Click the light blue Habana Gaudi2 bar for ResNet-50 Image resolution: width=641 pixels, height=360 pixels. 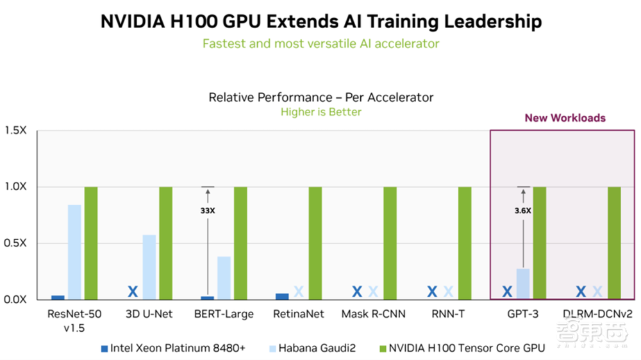click(74, 252)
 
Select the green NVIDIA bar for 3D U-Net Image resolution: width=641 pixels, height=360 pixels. click(166, 243)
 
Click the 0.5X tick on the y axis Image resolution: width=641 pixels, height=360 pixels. click(13, 243)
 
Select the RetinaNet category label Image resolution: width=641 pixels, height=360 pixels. click(299, 314)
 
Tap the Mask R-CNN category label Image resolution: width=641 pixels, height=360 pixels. click(373, 314)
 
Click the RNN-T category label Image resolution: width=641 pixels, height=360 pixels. click(448, 314)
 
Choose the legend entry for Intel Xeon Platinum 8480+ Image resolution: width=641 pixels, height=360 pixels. click(173, 348)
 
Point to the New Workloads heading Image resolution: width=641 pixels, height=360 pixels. click(565, 118)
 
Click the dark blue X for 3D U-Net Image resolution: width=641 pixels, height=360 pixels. click(133, 291)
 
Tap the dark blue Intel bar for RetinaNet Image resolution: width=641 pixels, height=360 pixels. click(282, 296)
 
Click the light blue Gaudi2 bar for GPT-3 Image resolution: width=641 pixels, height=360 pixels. click(523, 284)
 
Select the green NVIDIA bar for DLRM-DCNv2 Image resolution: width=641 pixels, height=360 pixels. click(614, 243)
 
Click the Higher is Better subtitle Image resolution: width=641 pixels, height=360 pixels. click(320, 112)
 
